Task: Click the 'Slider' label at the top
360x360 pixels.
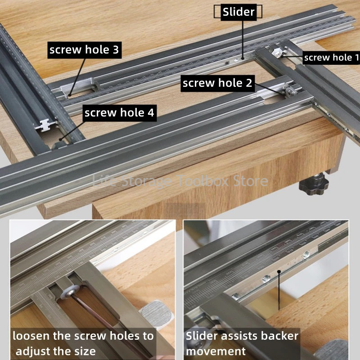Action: coord(238,12)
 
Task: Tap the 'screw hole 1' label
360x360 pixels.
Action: coord(331,57)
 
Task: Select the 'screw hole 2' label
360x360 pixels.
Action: coord(218,83)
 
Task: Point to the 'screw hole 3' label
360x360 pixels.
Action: coord(84,50)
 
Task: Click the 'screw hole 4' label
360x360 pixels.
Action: coord(120,112)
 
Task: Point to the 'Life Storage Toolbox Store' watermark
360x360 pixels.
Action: coord(180,181)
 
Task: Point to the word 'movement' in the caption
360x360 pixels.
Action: coord(216,351)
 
